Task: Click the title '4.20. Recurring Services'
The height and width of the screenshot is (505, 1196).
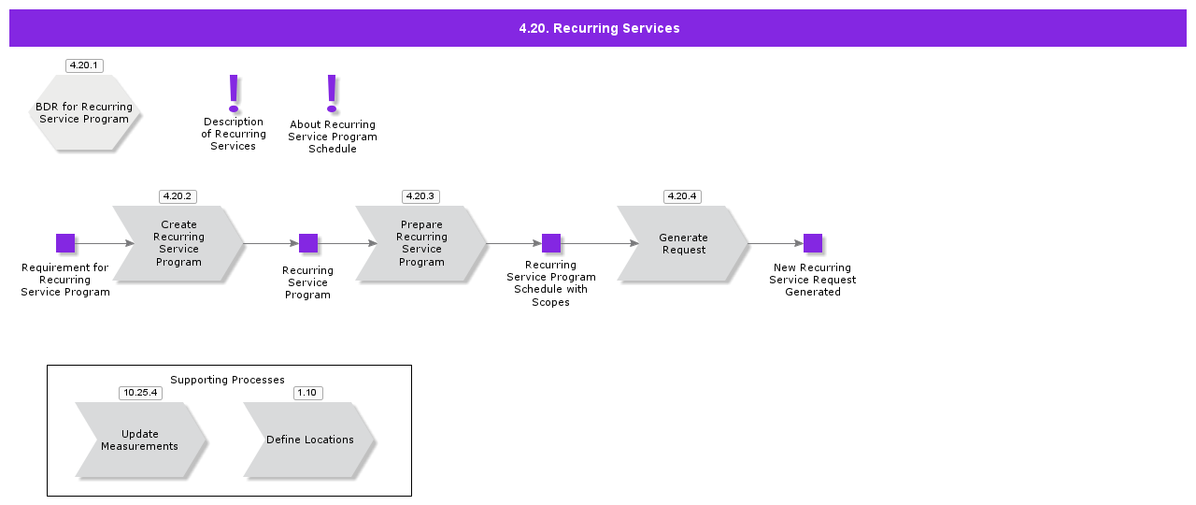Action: (599, 28)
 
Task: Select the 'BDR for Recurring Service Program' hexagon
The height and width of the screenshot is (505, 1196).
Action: (84, 113)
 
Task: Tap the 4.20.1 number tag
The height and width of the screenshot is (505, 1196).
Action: (84, 65)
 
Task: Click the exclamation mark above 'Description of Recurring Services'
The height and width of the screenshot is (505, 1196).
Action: (234, 93)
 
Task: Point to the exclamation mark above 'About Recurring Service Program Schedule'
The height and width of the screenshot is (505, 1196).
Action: (331, 94)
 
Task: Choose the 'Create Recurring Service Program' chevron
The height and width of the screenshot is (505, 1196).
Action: (178, 243)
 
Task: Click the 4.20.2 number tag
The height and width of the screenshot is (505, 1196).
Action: (177, 196)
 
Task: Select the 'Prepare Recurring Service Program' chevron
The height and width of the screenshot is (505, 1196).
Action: (421, 243)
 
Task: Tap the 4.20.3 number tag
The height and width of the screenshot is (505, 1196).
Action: (420, 196)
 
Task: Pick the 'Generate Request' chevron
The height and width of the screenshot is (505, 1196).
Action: (683, 243)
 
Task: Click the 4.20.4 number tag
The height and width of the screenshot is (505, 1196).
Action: (681, 196)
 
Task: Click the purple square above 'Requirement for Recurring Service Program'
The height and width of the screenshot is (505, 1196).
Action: (65, 243)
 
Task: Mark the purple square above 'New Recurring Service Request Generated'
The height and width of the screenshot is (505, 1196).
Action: (813, 243)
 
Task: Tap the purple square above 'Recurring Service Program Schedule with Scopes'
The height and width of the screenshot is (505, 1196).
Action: (551, 243)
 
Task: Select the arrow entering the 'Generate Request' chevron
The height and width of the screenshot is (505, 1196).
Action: (598, 243)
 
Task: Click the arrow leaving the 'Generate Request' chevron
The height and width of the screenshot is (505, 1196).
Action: (776, 243)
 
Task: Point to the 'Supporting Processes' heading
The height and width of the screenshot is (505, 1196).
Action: (227, 380)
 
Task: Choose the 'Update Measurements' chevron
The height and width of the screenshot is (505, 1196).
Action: (140, 440)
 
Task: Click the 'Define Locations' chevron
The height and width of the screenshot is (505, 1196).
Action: (309, 440)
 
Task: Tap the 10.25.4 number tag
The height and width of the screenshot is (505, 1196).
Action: (140, 393)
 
